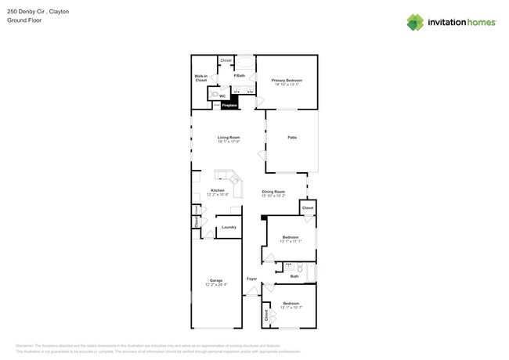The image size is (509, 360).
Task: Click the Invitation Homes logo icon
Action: click(x=414, y=22)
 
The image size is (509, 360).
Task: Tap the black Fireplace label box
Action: click(x=229, y=103)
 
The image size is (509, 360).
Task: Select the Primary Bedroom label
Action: click(x=287, y=81)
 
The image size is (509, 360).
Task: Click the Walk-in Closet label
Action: click(x=200, y=78)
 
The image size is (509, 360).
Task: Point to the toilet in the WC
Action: click(x=213, y=95)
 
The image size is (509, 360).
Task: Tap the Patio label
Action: click(x=291, y=137)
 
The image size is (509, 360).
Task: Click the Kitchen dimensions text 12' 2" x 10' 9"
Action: click(x=218, y=194)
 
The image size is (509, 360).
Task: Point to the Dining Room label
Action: click(x=273, y=191)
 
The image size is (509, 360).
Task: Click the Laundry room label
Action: click(x=229, y=227)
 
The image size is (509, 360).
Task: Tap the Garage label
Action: click(x=215, y=280)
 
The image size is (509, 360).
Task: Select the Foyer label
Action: click(x=251, y=279)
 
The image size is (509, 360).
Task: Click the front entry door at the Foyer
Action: click(x=252, y=292)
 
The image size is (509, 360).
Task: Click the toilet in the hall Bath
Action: click(x=299, y=268)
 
